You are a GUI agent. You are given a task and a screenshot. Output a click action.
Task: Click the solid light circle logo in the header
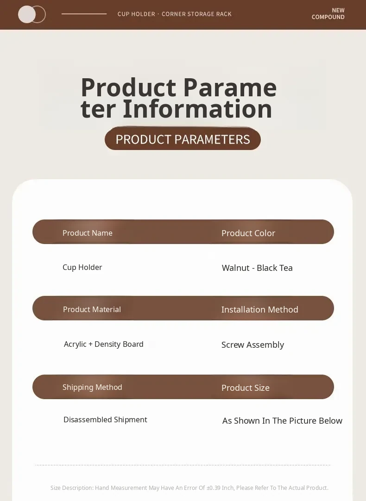pyautogui.click(x=27, y=14)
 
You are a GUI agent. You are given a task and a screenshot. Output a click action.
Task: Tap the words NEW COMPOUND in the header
pyautogui.click(x=328, y=14)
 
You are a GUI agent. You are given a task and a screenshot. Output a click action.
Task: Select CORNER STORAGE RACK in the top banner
pyautogui.click(x=196, y=14)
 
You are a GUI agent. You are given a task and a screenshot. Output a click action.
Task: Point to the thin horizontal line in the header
pyautogui.click(x=84, y=14)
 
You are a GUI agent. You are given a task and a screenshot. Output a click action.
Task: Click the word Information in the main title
pyautogui.click(x=197, y=109)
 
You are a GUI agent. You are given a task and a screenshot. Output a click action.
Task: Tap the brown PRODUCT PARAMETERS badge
pyautogui.click(x=183, y=139)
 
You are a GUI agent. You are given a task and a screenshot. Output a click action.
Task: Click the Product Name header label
pyautogui.click(x=87, y=233)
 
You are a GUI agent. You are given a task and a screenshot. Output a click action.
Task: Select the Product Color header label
pyautogui.click(x=248, y=233)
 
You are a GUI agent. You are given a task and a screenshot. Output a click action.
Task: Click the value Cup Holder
pyautogui.click(x=82, y=268)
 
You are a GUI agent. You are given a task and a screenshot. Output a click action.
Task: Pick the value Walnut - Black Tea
pyautogui.click(x=257, y=268)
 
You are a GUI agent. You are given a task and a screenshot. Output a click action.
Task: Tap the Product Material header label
pyautogui.click(x=92, y=309)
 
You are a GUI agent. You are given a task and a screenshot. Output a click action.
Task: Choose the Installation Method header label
pyautogui.click(x=259, y=310)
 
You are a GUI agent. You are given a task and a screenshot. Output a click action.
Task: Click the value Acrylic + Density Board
pyautogui.click(x=104, y=344)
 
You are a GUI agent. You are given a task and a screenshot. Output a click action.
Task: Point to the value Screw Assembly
pyautogui.click(x=252, y=345)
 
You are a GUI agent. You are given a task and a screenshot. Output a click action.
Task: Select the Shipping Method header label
pyautogui.click(x=92, y=387)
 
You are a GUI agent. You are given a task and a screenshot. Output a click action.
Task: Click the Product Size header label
pyautogui.click(x=246, y=388)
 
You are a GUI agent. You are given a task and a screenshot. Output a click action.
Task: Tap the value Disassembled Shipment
pyautogui.click(x=105, y=420)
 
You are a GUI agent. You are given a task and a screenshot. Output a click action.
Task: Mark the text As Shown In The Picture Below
pyautogui.click(x=282, y=421)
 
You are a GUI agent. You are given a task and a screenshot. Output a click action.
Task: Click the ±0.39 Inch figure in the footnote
pyautogui.click(x=220, y=488)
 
